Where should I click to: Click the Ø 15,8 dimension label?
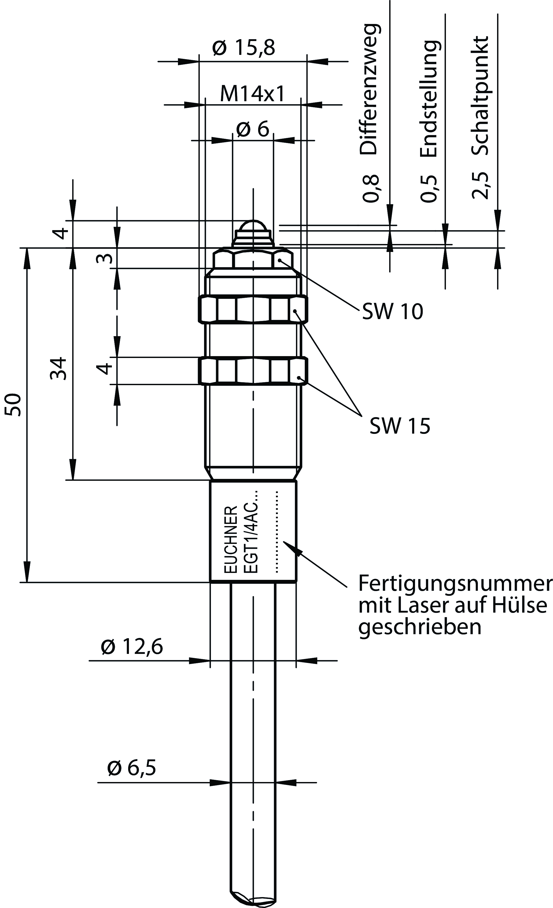point(243,48)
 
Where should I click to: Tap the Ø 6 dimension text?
point(253,129)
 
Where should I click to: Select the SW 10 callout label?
point(393,312)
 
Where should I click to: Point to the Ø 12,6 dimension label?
point(132,647)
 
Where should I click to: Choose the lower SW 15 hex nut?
point(253,371)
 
